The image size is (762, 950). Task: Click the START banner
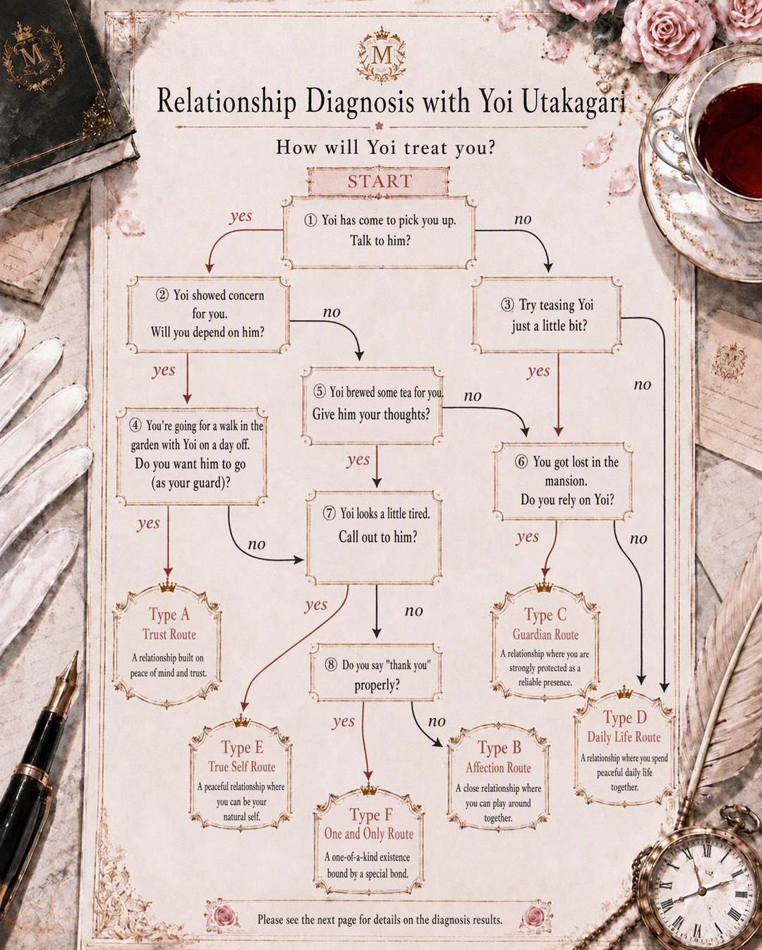[379, 181]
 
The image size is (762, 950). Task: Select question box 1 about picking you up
[379, 232]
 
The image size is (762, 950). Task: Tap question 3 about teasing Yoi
[547, 315]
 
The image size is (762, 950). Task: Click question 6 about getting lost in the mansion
[563, 481]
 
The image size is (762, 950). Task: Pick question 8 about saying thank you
[376, 675]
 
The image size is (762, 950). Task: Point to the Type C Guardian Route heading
[545, 625]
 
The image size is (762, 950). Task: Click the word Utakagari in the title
[574, 102]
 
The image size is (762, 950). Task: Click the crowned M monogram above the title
[381, 55]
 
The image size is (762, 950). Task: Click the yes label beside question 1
[241, 216]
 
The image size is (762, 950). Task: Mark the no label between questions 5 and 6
[473, 396]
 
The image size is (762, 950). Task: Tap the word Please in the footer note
[270, 920]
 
